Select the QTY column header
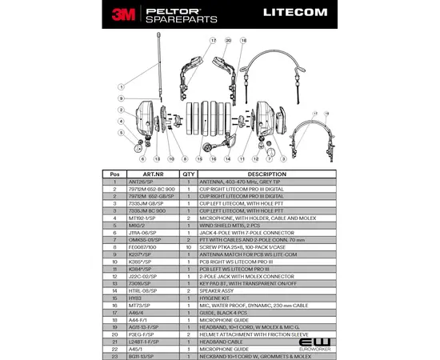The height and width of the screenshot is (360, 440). [x=189, y=174]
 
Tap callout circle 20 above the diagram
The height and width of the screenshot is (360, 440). [x=229, y=39]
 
